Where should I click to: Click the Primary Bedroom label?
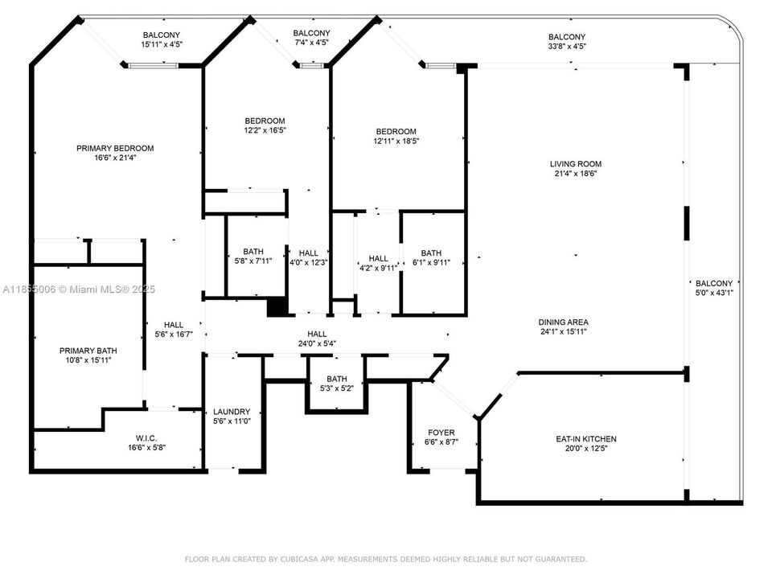pos(115,148)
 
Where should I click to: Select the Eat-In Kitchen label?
pos(586,439)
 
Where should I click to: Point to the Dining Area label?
pos(564,322)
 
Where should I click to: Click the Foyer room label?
pos(441,433)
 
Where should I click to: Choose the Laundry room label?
pos(231,412)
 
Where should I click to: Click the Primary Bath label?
pos(88,351)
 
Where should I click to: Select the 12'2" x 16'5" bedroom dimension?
pos(265,130)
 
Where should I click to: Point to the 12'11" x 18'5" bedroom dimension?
pos(396,141)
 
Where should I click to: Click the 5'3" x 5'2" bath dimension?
pos(336,388)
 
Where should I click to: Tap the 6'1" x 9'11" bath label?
pos(431,262)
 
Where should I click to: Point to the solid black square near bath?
pos(277,307)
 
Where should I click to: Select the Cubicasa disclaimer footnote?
pos(386,559)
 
